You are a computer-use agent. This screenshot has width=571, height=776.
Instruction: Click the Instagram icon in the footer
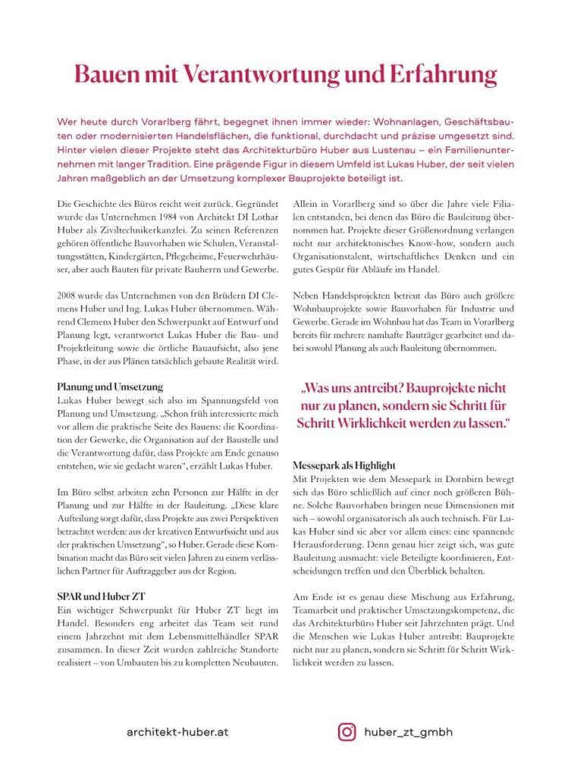click(347, 731)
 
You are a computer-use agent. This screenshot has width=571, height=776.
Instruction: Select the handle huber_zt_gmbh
click(408, 731)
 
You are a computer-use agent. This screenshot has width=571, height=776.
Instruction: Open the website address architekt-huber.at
click(178, 732)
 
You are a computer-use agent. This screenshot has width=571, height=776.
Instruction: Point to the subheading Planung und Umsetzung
click(110, 386)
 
